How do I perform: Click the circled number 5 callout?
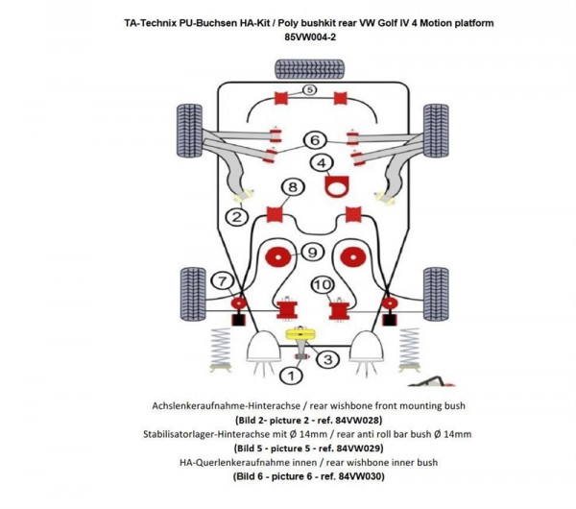click(309, 90)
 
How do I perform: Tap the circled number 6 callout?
click(314, 140)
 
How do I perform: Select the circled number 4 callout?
click(323, 162)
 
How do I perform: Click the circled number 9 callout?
click(310, 253)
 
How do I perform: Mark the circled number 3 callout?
click(327, 359)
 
